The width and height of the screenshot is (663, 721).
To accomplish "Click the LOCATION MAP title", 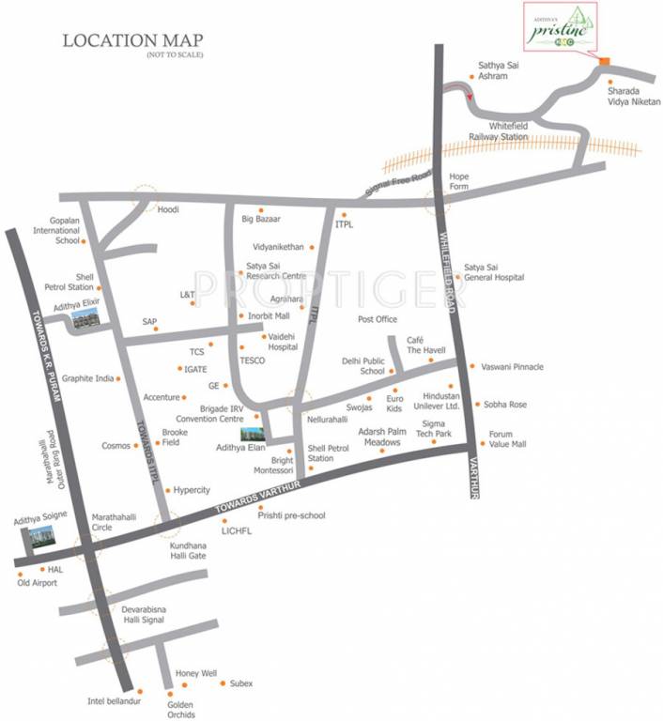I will click(x=131, y=41).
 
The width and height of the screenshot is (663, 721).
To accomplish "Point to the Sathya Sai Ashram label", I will click(x=493, y=70).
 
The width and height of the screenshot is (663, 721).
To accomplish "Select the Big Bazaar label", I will click(x=261, y=220).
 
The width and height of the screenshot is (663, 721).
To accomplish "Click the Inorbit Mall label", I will click(x=269, y=315).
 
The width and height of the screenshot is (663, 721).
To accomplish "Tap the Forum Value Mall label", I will click(x=507, y=439).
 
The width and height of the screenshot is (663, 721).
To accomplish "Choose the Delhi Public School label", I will click(x=362, y=366).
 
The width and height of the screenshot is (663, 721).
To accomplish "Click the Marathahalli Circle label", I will click(x=116, y=522).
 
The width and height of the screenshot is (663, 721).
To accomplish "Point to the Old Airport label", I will click(x=38, y=583).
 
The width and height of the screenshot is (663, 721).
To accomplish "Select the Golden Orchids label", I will click(x=181, y=709).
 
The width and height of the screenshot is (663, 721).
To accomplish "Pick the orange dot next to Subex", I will click(x=222, y=683).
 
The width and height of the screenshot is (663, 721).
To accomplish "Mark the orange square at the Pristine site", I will click(x=605, y=62).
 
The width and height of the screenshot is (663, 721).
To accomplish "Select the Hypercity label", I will click(x=192, y=490).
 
